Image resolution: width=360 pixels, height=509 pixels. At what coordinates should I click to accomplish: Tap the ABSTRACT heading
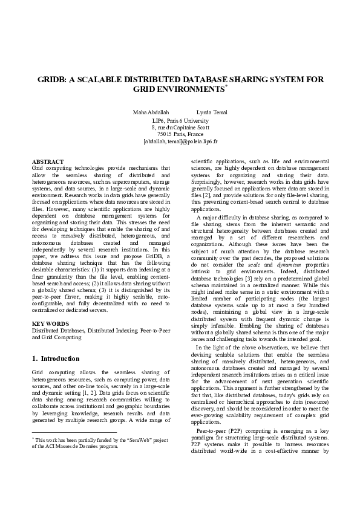click(48, 161)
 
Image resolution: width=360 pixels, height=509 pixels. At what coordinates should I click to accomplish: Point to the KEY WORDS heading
click(49, 324)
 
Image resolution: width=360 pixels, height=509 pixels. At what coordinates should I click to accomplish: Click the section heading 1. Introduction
click(55, 358)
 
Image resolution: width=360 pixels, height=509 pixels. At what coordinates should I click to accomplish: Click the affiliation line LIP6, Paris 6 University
click(180, 121)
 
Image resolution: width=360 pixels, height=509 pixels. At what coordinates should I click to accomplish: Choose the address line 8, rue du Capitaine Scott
click(180, 128)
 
